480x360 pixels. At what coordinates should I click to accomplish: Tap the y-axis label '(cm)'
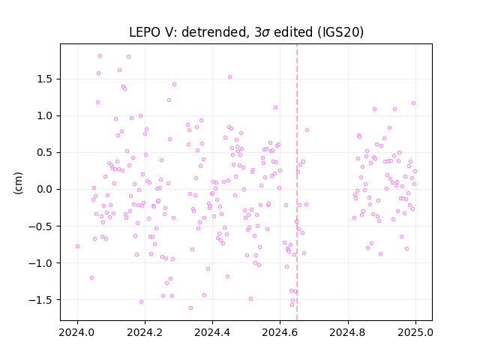pos(18,183)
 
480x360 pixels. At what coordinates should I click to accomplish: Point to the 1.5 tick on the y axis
pos(45,79)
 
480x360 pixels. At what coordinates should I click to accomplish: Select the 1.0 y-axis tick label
pos(45,115)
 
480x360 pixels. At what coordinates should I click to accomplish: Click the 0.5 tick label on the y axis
pos(45,152)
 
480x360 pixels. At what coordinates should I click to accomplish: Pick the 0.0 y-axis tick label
pos(45,189)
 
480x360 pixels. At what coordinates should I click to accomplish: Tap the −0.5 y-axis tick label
pos(40,226)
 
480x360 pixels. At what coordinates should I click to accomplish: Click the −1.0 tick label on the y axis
pos(40,263)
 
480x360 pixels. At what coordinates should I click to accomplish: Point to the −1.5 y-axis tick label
pos(40,300)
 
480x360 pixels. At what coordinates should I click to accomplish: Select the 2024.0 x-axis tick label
pos(77,332)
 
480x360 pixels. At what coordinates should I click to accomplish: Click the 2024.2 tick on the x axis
pos(145,332)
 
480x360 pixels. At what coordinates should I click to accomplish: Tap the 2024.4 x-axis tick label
pos(212,332)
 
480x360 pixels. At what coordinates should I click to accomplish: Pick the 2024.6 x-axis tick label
pos(280,332)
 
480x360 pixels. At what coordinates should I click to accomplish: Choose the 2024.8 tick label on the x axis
pos(348,332)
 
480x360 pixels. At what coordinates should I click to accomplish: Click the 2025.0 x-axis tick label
pos(415,332)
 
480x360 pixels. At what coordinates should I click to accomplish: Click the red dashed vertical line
pos(297,182)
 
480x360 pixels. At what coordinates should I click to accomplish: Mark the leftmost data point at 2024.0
pos(77,247)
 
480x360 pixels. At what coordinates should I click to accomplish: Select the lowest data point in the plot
pos(190,308)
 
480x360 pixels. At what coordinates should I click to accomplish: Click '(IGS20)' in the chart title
pos(340,32)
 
